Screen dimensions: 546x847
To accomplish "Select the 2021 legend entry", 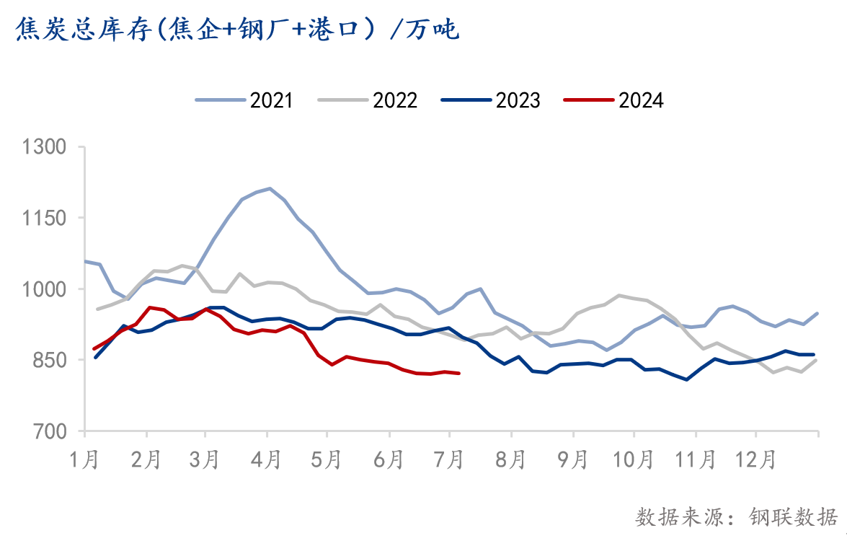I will [245, 100].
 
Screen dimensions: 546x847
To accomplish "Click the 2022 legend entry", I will [368, 100].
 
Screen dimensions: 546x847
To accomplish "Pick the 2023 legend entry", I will [492, 100].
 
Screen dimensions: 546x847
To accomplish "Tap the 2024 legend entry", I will [614, 100].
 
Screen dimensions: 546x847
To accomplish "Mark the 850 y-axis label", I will [52, 360].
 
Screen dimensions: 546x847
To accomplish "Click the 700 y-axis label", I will [52, 431].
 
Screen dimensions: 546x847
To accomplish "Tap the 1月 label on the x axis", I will [85, 458].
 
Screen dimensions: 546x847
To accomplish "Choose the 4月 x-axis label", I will [267, 458].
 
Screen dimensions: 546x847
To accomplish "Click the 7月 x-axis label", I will [450, 458].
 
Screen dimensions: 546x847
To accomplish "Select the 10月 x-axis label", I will [633, 458].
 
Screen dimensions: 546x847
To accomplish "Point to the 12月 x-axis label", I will [755, 458].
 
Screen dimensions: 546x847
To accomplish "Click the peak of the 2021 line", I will [270, 188].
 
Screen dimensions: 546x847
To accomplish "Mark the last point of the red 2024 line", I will [459, 373].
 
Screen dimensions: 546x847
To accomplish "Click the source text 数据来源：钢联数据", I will [736, 516].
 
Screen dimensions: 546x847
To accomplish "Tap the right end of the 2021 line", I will [817, 313].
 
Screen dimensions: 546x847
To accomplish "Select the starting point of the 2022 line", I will [97, 309].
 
